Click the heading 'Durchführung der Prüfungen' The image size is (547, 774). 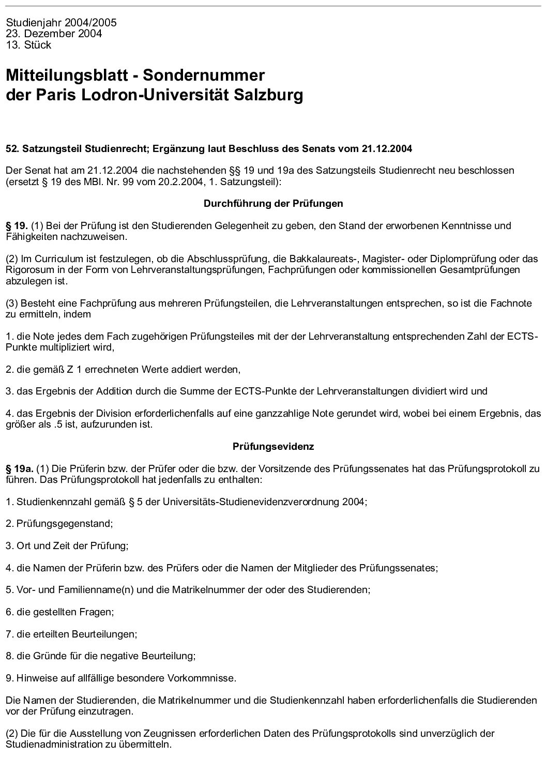(x=273, y=204)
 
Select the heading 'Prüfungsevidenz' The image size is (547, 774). (x=273, y=446)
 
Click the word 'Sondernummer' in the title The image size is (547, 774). (x=204, y=75)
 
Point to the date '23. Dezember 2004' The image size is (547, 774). (x=54, y=34)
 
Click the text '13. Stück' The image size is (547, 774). (x=28, y=45)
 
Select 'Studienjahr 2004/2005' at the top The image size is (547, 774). (x=61, y=23)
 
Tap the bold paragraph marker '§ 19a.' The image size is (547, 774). (x=19, y=469)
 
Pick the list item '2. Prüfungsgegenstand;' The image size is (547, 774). (x=59, y=524)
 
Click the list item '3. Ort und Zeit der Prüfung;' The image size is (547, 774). (x=67, y=545)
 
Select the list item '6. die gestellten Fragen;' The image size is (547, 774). (x=60, y=612)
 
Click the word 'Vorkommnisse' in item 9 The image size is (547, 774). (x=206, y=678)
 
